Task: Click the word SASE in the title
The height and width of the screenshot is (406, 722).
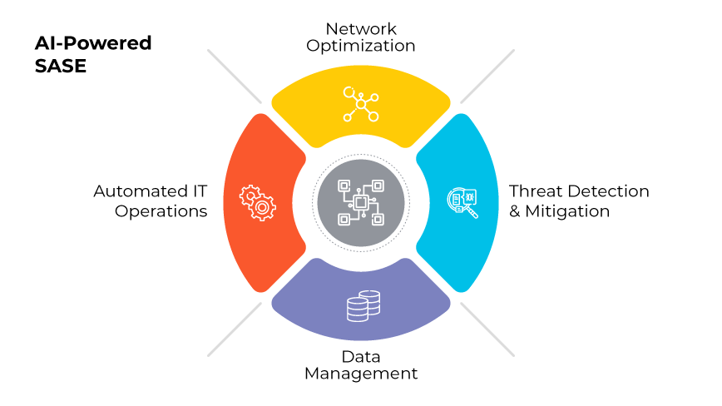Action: point(61,66)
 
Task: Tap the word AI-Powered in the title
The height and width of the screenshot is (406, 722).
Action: point(93,43)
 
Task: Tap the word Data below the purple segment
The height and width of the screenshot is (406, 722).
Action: point(361,355)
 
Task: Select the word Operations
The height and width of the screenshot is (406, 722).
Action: point(161,210)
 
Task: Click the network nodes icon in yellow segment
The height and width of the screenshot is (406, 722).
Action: point(361,103)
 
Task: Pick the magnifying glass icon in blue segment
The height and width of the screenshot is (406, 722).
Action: point(462,201)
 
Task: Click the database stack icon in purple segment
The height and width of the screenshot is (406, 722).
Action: point(362,306)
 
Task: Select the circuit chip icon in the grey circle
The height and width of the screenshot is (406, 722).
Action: point(361,202)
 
